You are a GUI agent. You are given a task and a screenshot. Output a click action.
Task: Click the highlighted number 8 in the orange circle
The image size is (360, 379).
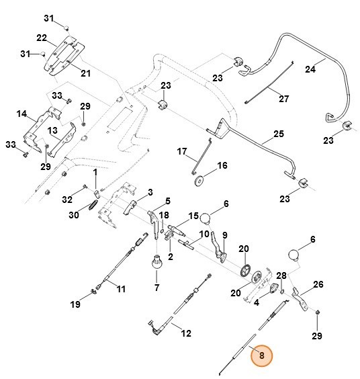point(262,355)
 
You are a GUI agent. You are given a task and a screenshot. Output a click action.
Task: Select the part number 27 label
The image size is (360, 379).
point(283,99)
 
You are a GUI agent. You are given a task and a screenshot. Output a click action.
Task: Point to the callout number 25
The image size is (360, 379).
point(278,134)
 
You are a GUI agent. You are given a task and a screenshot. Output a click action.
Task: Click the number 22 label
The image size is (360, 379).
point(41,38)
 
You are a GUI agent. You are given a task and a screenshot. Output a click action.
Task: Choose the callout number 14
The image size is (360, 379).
point(22,114)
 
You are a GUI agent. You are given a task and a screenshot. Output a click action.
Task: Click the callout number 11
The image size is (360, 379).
point(121,289)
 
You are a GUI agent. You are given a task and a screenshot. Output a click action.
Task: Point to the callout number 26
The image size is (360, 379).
point(318,284)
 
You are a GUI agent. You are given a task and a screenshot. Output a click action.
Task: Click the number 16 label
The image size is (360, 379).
point(204,165)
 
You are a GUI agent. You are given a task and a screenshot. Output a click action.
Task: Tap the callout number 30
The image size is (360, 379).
point(74,215)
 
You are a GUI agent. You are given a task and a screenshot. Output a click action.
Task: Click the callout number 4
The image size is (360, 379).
point(257,302)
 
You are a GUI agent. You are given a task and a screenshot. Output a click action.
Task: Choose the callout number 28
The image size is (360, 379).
point(281,276)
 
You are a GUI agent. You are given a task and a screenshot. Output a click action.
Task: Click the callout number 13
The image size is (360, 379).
point(52,129)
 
